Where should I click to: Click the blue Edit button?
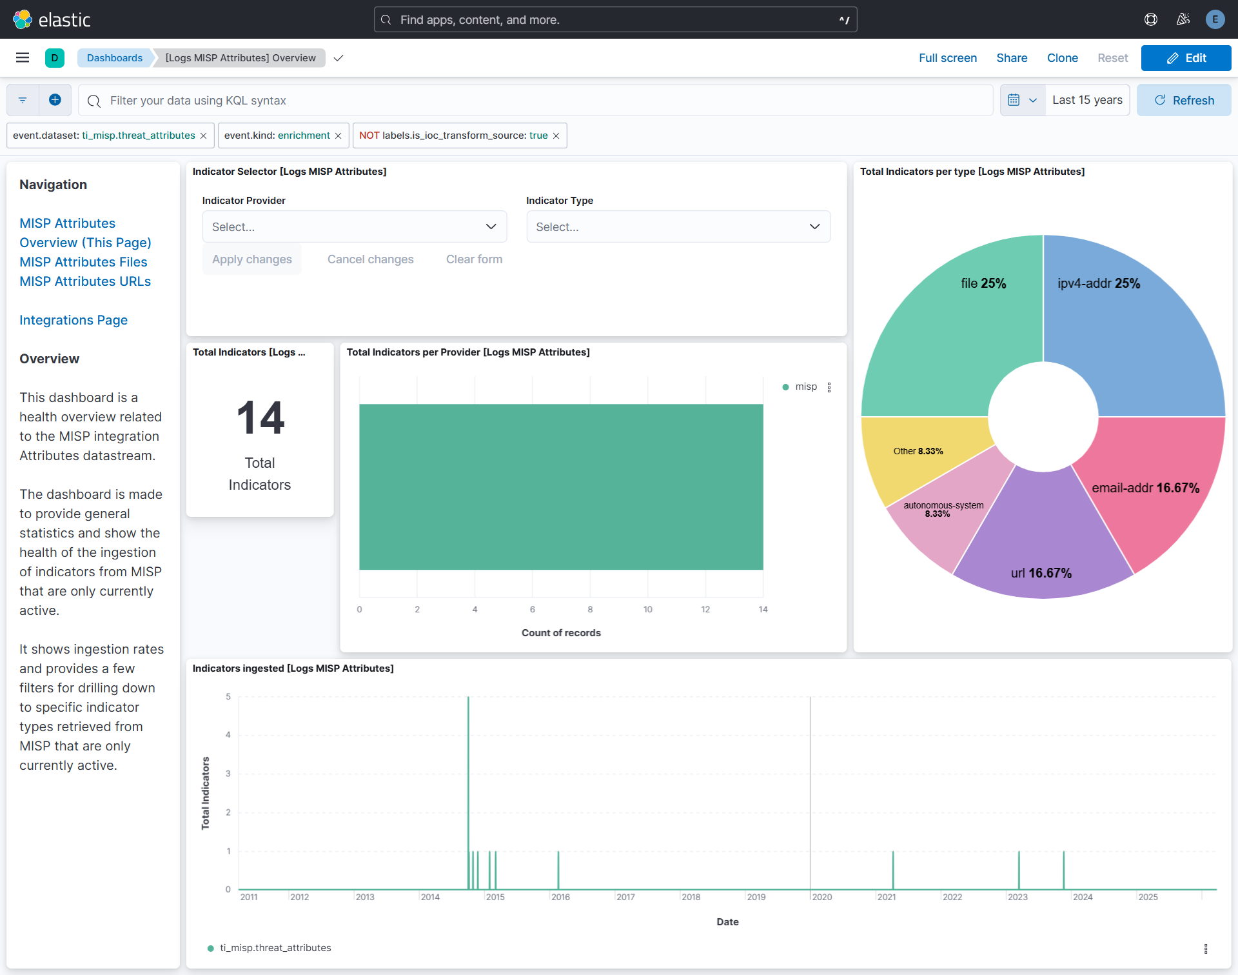point(1186,58)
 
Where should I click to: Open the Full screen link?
point(947,58)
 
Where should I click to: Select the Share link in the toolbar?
point(1012,58)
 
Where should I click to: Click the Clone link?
point(1062,58)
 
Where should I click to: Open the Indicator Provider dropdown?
point(354,226)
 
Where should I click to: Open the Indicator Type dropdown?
point(678,226)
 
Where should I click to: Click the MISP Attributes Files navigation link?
point(83,262)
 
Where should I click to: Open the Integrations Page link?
point(74,320)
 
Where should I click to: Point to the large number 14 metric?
point(260,417)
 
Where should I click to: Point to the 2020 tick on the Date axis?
point(821,897)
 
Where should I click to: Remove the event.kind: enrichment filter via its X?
point(338,136)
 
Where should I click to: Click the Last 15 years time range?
point(1087,100)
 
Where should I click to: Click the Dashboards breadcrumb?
point(115,58)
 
